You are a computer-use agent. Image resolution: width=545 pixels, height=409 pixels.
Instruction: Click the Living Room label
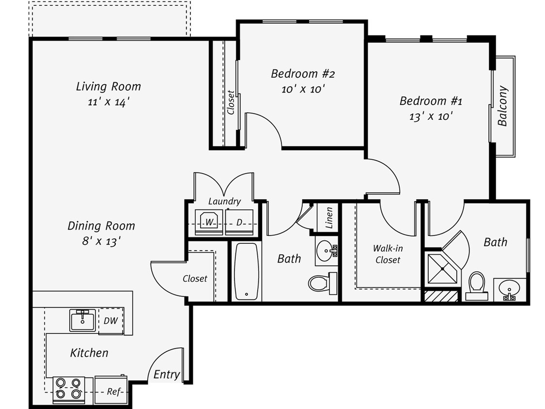[x=109, y=87]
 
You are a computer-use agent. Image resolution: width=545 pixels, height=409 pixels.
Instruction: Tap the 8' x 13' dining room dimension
[x=101, y=241]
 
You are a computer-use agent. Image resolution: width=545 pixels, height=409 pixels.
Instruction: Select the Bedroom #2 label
[x=303, y=74]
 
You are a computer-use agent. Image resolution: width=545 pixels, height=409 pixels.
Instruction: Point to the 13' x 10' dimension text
[x=431, y=116]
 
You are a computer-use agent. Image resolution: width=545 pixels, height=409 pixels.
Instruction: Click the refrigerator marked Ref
[x=112, y=391]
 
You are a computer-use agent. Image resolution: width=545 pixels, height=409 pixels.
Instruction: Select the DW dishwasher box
[x=111, y=321]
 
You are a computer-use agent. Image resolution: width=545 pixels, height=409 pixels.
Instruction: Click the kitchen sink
[x=83, y=320]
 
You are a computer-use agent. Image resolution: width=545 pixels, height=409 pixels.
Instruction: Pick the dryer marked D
[x=240, y=222]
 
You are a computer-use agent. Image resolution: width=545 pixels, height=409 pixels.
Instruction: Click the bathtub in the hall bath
[x=247, y=271]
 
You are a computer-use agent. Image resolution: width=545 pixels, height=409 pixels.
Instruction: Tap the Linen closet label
[x=329, y=218]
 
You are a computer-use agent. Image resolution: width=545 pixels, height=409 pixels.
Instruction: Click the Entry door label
[x=167, y=375]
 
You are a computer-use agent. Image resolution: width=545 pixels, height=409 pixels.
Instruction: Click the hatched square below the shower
[x=441, y=296]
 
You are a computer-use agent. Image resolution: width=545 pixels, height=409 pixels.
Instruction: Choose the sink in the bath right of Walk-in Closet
[x=509, y=290]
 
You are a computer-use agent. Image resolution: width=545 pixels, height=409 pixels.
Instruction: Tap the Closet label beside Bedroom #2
[x=231, y=102]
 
